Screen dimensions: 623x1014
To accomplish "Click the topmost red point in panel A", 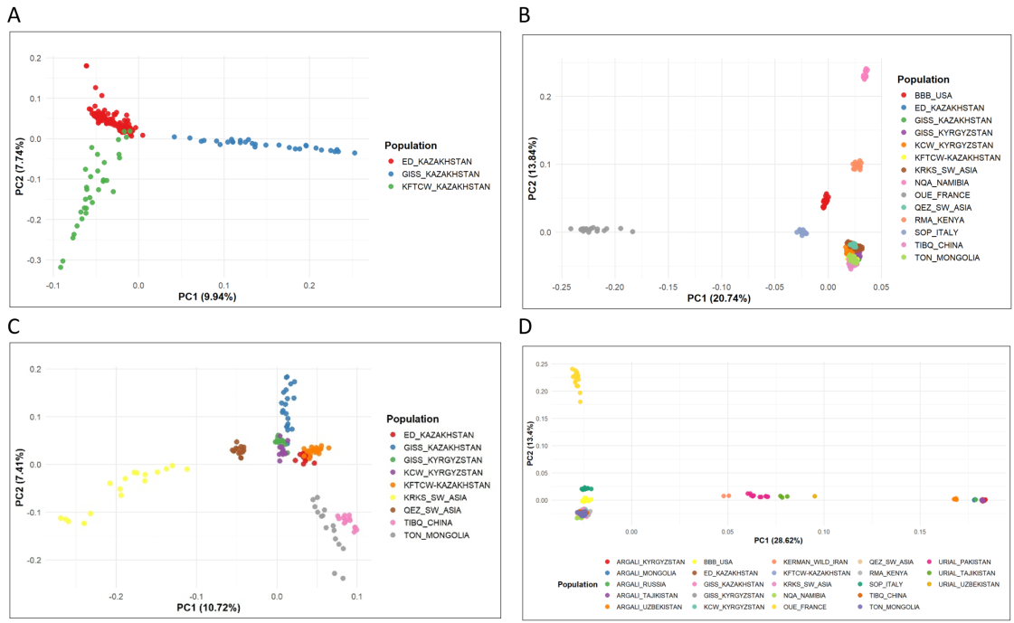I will (87, 66).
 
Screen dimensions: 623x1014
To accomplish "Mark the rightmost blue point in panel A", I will (355, 153).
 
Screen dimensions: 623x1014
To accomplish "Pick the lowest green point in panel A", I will (61, 267).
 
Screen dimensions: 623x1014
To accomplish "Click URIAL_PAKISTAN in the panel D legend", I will (968, 562).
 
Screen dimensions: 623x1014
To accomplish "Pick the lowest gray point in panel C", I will (343, 577).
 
